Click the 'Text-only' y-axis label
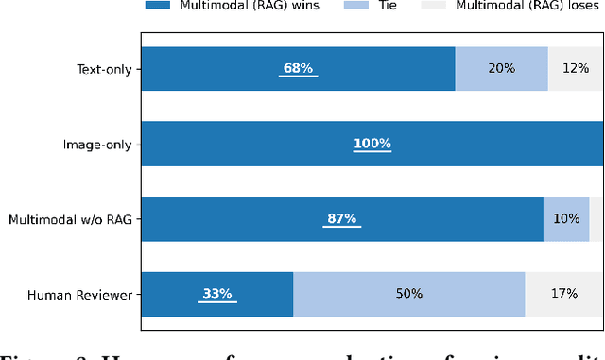tap(105, 69)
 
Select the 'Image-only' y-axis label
tap(97, 145)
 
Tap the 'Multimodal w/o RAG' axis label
tap(71, 219)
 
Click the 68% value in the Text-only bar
tap(298, 69)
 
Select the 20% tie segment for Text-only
tap(501, 69)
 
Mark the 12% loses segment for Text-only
tap(575, 69)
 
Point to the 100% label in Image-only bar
tap(372, 144)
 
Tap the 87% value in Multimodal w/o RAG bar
tap(341, 219)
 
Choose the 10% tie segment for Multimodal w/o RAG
tap(566, 219)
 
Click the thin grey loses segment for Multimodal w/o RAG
tap(596, 219)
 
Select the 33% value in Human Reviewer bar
tap(216, 294)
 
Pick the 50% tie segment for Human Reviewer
tap(408, 294)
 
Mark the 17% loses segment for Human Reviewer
tap(563, 294)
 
